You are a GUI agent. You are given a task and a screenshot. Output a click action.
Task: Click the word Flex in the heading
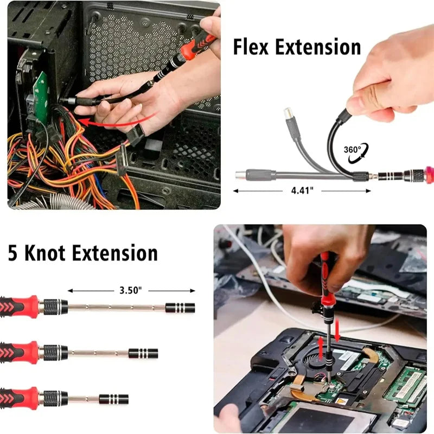252,47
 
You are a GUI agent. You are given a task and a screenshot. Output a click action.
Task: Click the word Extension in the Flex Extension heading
318,47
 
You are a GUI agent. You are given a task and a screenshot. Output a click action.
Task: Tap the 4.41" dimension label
302,190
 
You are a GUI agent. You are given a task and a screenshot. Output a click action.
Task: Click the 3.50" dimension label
131,290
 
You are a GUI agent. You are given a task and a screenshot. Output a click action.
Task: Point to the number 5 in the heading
14,253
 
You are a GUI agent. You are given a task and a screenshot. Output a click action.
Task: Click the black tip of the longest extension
180,308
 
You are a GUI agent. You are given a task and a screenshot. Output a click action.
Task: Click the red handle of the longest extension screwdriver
20,307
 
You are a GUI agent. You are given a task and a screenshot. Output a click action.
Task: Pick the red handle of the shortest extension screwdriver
20,399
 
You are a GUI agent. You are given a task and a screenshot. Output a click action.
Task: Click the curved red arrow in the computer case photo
125,119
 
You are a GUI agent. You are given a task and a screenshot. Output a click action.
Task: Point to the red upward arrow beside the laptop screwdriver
321,347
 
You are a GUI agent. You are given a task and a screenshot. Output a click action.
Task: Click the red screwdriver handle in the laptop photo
325,282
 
